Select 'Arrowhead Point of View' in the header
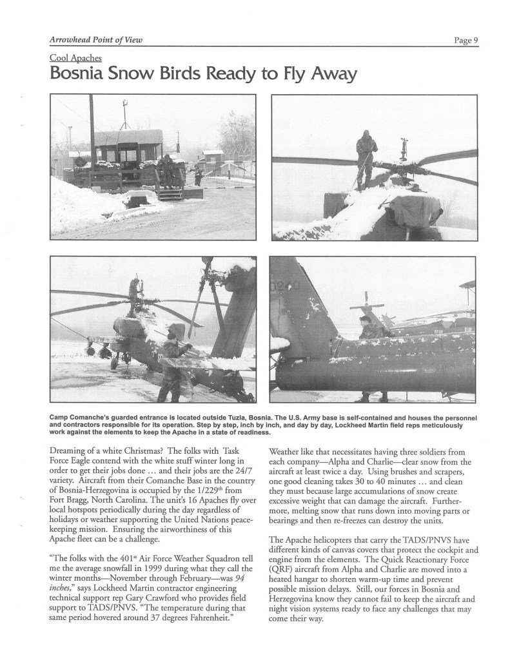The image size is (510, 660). pos(95,40)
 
